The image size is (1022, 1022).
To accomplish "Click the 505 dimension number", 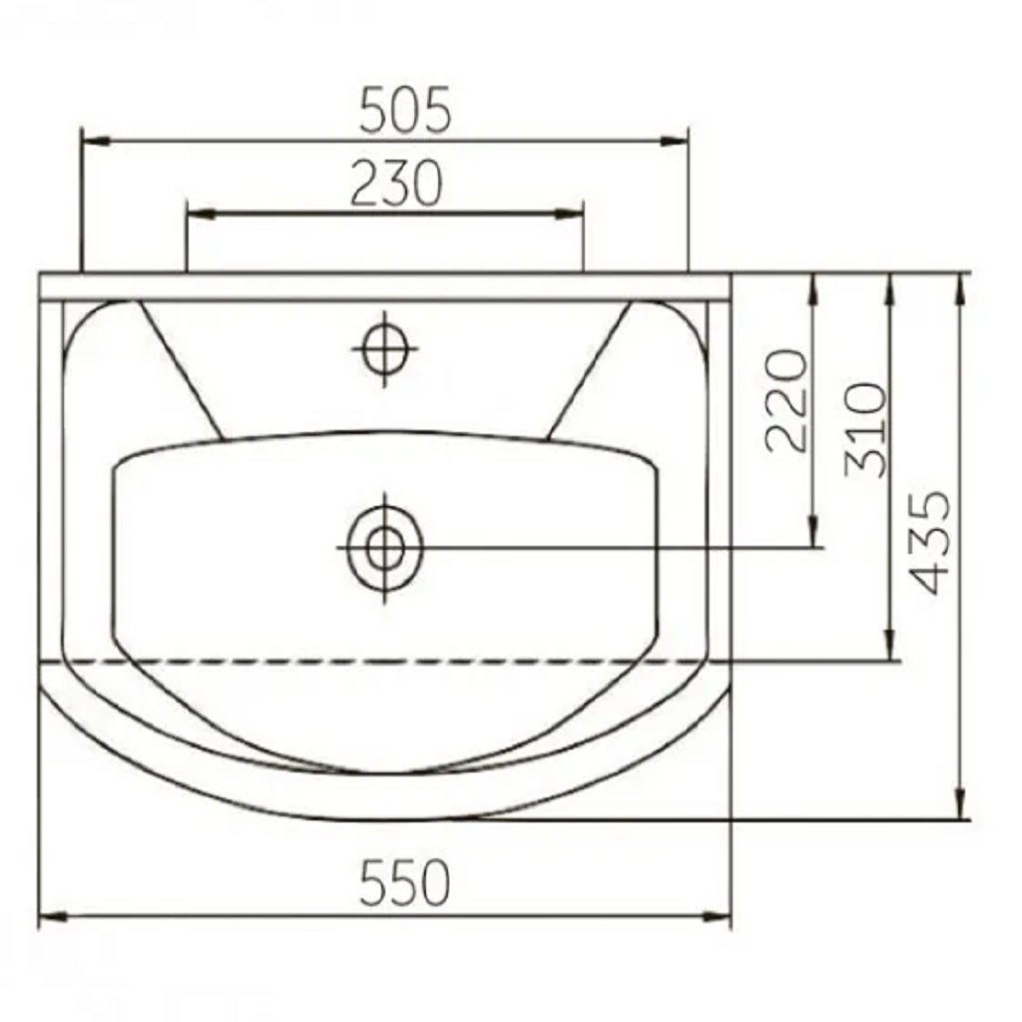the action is tap(405, 110).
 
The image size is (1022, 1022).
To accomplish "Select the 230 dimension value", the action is tap(396, 184).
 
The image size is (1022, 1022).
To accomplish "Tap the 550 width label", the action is tap(405, 882).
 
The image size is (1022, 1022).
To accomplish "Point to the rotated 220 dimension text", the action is tap(786, 400).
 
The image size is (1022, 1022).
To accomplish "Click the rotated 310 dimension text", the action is tap(865, 431).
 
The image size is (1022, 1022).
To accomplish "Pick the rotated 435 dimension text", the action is tap(929, 542).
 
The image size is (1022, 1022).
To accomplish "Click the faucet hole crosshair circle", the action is tap(384, 348).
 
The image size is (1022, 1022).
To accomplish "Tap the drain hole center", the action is tap(384, 548).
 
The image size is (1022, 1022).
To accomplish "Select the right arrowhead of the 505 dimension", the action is tap(674, 141).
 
